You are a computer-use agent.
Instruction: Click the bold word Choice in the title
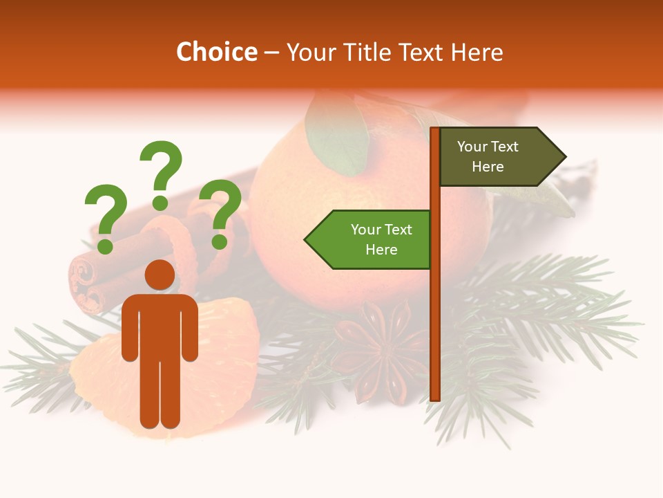[x=216, y=53]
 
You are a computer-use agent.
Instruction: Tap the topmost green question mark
[x=161, y=173]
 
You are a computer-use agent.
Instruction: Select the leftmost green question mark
[x=106, y=216]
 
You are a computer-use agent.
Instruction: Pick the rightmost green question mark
[x=220, y=211]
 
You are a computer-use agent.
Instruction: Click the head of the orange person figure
[x=160, y=275]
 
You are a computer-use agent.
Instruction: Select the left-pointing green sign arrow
[x=369, y=239]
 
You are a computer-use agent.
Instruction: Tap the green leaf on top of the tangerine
[x=337, y=135]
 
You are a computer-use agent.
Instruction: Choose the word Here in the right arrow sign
[x=488, y=167]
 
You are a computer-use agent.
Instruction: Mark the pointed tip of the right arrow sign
[x=564, y=157]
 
